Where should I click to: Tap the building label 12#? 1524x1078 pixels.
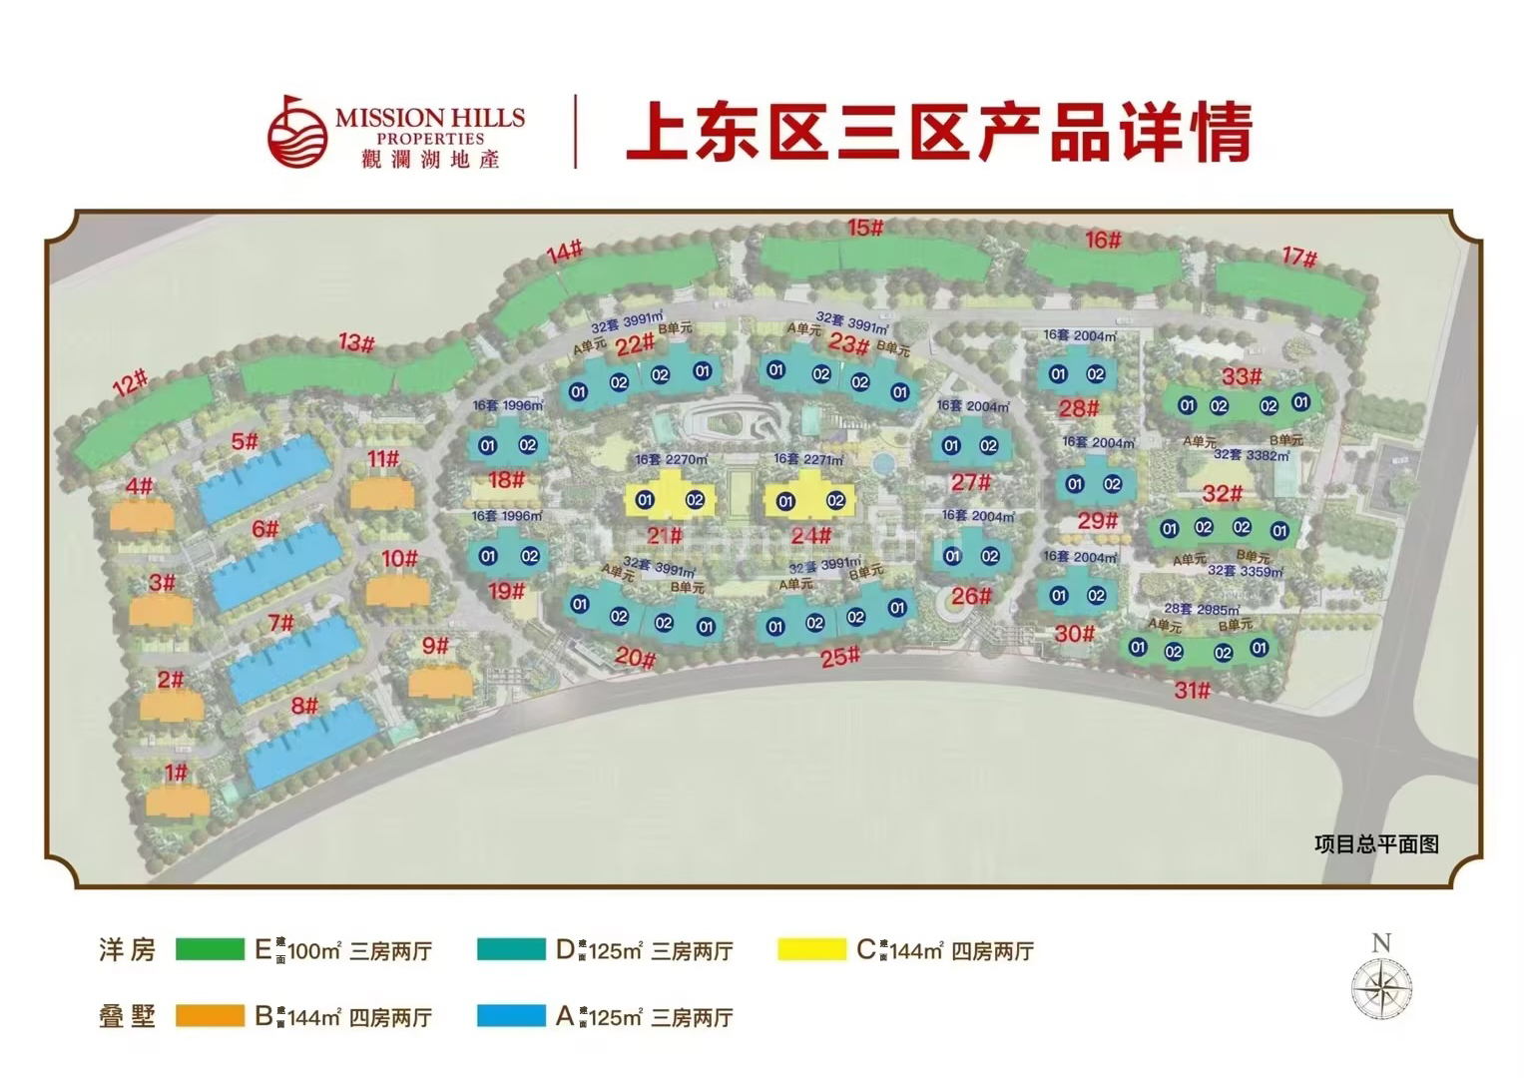click(130, 382)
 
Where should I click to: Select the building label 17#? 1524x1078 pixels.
click(1298, 257)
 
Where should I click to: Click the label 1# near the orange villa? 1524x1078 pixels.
click(176, 772)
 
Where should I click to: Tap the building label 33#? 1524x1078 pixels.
click(1242, 376)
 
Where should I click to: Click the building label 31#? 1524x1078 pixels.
click(1192, 690)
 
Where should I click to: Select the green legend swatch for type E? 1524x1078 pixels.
click(210, 949)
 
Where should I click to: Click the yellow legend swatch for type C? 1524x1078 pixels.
click(811, 949)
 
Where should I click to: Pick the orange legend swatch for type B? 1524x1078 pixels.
click(210, 1016)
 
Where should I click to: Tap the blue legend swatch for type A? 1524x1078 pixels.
click(511, 1016)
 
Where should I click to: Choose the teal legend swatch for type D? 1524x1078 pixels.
click(511, 949)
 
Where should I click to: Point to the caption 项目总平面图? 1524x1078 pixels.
click(1376, 844)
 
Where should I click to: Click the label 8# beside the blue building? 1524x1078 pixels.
click(304, 707)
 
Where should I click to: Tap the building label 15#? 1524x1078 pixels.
click(865, 228)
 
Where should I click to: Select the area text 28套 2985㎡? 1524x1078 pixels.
click(1202, 609)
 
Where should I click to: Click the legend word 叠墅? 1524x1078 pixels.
click(128, 1016)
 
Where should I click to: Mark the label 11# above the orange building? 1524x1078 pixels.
click(382, 459)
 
